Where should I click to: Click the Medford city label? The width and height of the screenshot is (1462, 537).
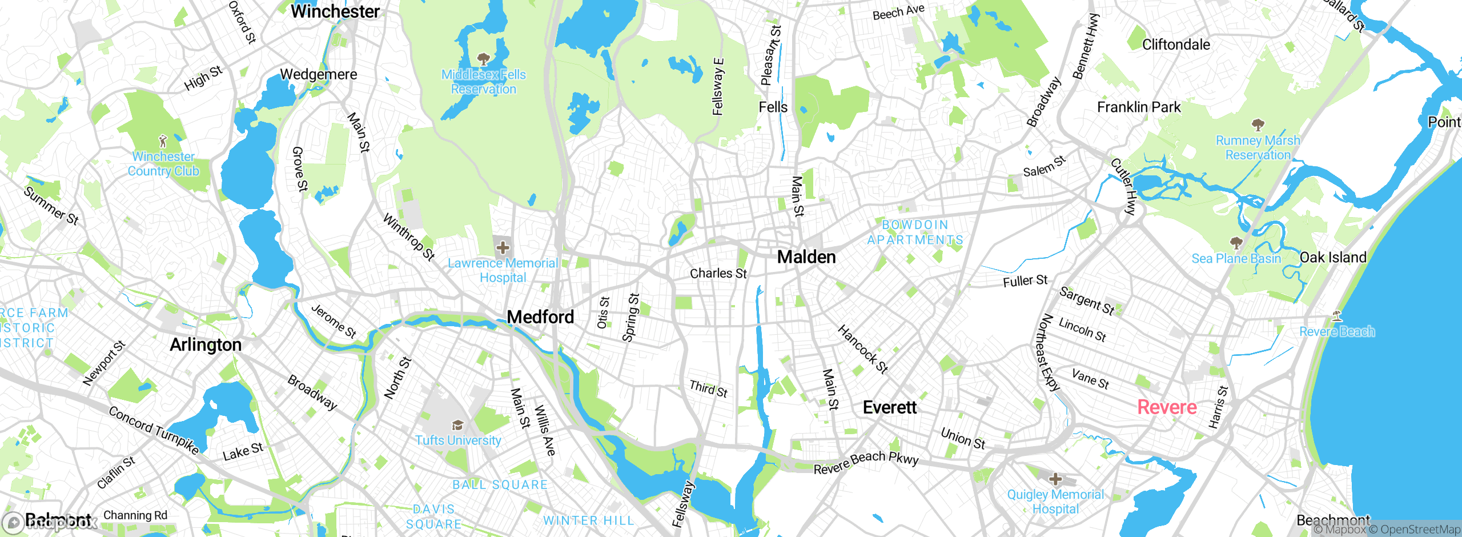click(540, 316)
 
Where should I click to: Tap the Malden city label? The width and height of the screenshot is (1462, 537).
click(806, 257)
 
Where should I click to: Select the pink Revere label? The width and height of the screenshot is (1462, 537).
click(1167, 407)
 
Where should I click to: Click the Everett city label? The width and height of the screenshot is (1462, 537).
click(889, 407)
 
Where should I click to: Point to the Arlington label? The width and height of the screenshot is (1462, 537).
click(206, 345)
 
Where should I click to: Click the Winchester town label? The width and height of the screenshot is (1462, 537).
click(335, 11)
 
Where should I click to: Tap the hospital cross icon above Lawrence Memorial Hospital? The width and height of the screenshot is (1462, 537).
click(503, 248)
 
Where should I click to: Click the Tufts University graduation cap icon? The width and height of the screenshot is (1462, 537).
click(457, 426)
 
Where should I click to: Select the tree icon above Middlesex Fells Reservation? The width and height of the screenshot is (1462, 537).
click(483, 59)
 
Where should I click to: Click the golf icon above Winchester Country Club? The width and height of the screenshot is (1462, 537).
click(163, 141)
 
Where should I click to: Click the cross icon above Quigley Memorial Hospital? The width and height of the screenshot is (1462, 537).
click(1055, 479)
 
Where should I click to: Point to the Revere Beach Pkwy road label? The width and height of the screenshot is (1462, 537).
click(866, 462)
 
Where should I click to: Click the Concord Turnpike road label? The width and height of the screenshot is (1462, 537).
click(154, 430)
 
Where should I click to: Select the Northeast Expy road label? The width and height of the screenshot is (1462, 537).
click(1049, 352)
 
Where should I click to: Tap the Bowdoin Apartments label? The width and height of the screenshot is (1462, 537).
click(915, 233)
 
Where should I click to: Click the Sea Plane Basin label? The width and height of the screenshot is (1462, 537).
click(1236, 259)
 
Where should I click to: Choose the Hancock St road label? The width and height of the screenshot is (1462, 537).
click(862, 349)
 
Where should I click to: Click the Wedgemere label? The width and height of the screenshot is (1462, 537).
click(318, 74)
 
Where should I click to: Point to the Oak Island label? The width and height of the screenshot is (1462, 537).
click(1333, 258)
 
